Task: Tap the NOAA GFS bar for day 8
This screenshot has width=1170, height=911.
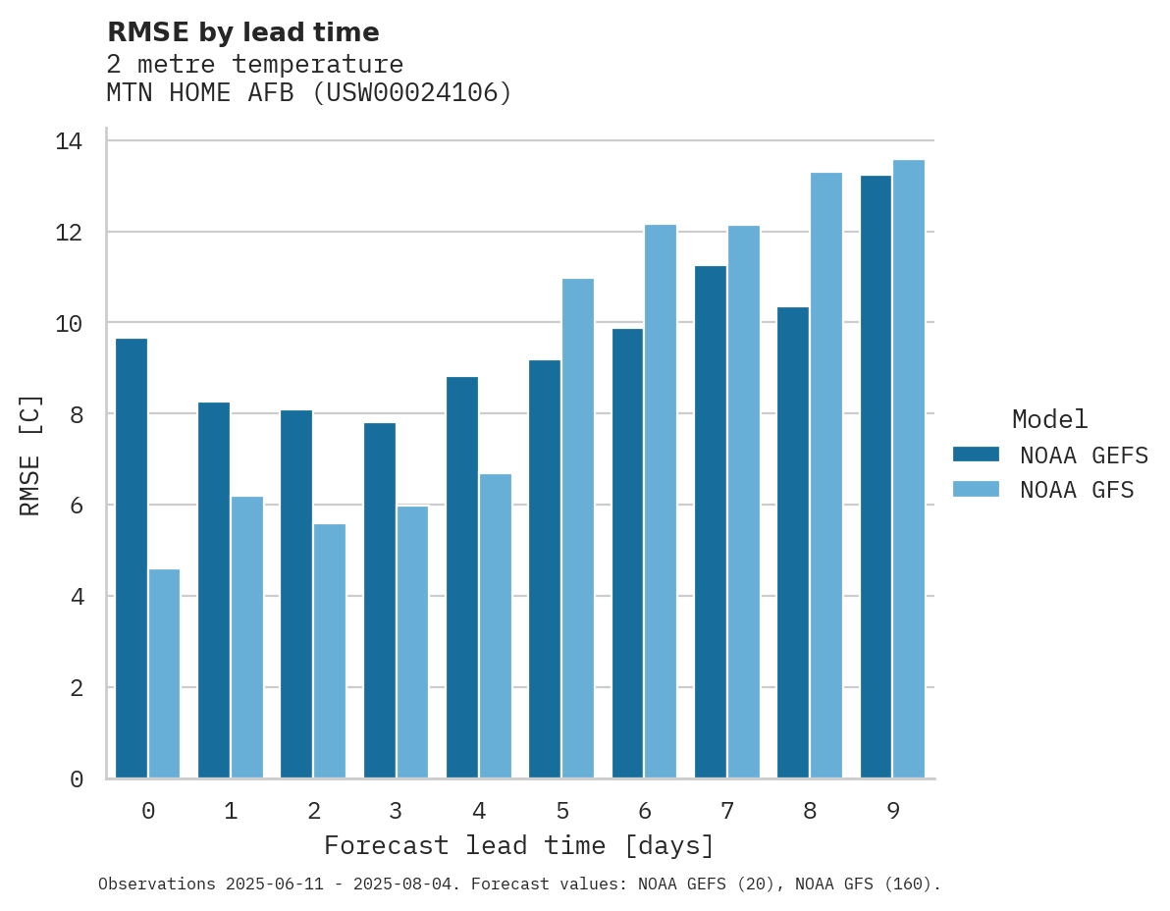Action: coord(826,475)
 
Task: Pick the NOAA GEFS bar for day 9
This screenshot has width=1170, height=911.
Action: coord(876,476)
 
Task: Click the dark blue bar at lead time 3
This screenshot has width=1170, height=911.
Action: coord(380,600)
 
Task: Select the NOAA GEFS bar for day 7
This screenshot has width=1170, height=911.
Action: coord(711,521)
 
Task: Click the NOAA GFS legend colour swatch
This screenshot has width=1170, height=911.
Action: coord(976,489)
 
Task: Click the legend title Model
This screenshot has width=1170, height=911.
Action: coord(1049,419)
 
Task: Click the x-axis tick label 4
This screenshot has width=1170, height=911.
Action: coord(479,811)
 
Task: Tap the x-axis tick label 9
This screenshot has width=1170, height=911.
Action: coord(893,811)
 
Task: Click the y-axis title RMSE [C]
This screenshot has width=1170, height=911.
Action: coord(30,455)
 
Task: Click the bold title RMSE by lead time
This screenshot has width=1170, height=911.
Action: coord(242,32)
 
